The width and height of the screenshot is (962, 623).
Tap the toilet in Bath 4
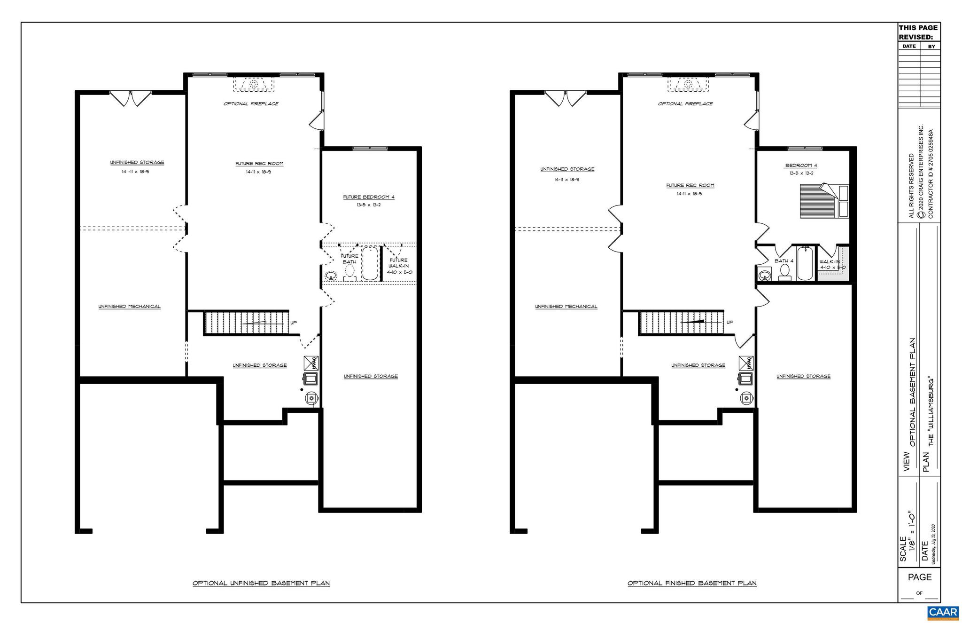[784, 272]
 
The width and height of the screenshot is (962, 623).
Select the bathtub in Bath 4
[805, 264]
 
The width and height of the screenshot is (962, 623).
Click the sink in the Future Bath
[331, 276]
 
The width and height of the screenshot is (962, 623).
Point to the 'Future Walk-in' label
[399, 266]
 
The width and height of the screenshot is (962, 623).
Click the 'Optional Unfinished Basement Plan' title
[261, 584]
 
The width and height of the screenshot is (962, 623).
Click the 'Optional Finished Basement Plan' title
[692, 584]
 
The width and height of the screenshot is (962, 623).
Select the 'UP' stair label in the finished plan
[730, 323]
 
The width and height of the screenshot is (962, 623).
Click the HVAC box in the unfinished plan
[311, 363]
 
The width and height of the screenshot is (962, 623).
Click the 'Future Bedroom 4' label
[369, 197]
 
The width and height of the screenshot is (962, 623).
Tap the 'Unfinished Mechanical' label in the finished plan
[566, 307]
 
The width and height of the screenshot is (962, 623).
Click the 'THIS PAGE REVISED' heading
[918, 32]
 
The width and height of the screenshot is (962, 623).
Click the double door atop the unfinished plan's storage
[131, 98]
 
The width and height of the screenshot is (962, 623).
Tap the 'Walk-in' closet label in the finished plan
[830, 262]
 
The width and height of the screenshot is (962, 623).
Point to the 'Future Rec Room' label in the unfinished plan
[259, 164]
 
